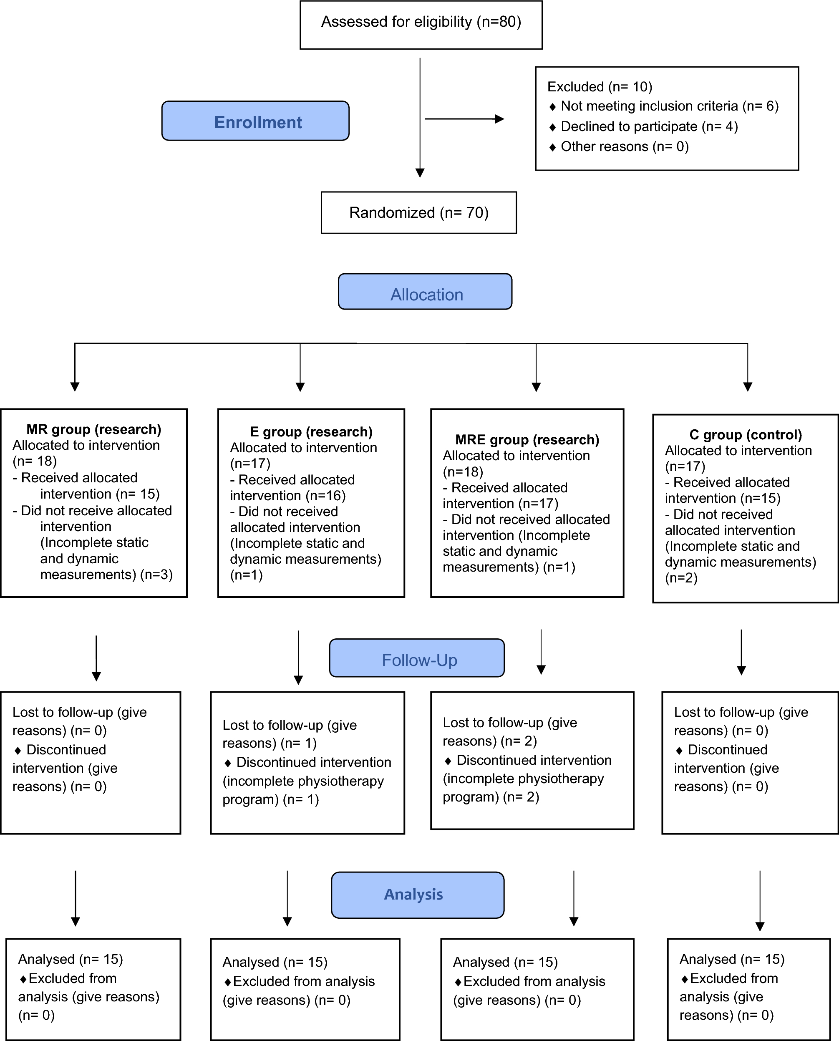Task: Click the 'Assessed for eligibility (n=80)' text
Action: [421, 22]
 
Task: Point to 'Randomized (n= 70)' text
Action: [418, 213]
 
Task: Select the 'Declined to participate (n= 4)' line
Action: [649, 126]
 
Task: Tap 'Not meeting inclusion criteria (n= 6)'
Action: [669, 106]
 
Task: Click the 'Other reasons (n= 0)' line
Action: [625, 146]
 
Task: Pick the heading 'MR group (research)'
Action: [93, 429]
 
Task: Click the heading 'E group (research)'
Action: [311, 431]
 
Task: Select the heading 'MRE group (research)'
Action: [527, 440]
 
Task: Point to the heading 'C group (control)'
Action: [745, 435]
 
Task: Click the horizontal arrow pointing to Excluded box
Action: [464, 119]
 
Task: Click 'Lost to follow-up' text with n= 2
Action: [509, 723]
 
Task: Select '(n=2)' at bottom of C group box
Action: [681, 578]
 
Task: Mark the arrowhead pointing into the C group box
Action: [748, 387]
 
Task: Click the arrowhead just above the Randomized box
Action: [420, 173]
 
